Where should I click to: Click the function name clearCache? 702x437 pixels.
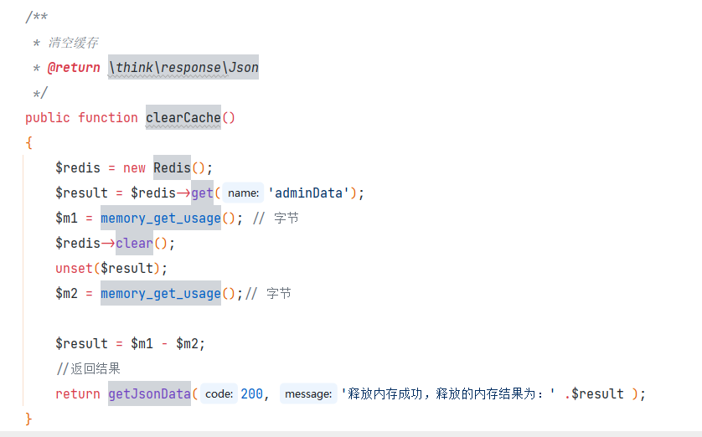tap(183, 117)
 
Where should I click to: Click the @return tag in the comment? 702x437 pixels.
tap(74, 67)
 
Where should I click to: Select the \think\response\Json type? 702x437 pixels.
tap(183, 67)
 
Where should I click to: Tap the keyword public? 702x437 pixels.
tap(48, 117)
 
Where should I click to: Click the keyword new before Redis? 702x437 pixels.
tap(134, 167)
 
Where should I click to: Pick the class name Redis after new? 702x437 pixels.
tap(172, 167)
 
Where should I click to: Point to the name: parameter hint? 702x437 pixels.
tap(243, 193)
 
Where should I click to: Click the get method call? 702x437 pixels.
tap(202, 193)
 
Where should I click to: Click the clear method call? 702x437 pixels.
tap(134, 243)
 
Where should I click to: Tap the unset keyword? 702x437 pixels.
tap(74, 268)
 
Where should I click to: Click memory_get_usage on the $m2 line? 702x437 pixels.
tap(160, 293)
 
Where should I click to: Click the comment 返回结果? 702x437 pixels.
tap(93, 368)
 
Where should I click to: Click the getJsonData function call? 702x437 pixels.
tap(149, 393)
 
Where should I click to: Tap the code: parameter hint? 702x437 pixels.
tap(219, 393)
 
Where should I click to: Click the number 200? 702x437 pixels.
tap(251, 393)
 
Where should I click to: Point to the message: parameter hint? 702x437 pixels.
tap(307, 393)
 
